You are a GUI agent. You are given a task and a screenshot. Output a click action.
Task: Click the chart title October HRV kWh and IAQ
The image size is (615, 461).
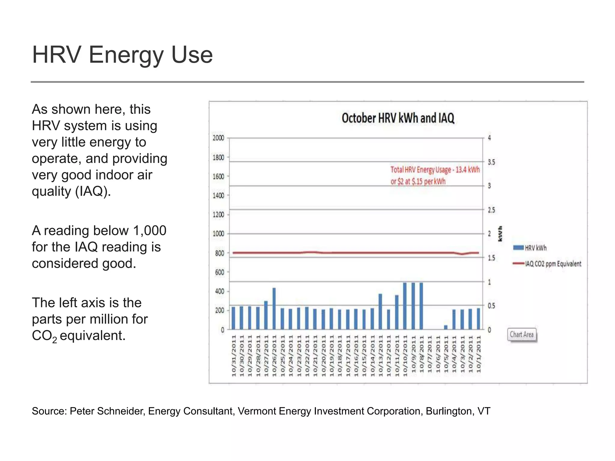pos(398,118)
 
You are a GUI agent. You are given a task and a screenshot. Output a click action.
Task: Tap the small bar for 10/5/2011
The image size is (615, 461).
pos(446,327)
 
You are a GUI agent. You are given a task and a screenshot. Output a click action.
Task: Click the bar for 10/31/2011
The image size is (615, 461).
pos(233,318)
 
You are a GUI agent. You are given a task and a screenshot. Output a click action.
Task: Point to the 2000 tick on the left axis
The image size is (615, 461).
pos(218,138)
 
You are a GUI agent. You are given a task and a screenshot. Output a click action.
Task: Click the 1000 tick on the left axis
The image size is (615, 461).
pos(218,234)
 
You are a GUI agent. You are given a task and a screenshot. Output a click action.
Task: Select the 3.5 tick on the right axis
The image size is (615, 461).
pos(491,162)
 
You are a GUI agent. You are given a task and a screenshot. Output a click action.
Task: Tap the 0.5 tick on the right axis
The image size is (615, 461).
pos(491,306)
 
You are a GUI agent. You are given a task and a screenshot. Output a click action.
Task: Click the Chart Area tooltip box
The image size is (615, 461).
pos(522,335)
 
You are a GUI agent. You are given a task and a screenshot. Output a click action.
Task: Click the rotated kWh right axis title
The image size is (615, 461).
pos(500,234)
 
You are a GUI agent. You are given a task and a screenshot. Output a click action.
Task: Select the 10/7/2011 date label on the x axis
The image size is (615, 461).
pos(429,354)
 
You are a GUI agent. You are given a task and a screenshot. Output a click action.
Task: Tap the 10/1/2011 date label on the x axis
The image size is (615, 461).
pos(479,354)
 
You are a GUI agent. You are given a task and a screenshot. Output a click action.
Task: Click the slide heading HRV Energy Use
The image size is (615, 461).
pos(122,55)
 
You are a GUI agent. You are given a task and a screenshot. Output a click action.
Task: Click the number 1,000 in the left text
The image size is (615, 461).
pos(150,230)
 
